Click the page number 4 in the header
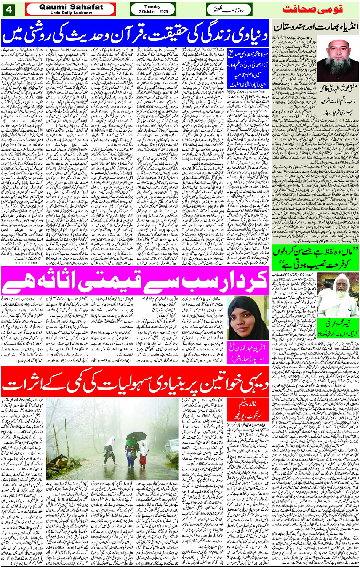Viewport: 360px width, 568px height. pyautogui.click(x=9, y=10)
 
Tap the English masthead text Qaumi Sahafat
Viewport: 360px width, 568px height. pyautogui.click(x=71, y=7)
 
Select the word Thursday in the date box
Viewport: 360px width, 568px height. pyautogui.click(x=152, y=6)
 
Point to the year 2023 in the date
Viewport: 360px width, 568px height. pyautogui.click(x=163, y=12)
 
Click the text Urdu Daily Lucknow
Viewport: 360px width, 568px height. pyautogui.click(x=71, y=13)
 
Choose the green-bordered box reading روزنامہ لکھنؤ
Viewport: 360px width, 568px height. pyautogui.click(x=229, y=10)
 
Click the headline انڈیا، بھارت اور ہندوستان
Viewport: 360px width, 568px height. pyautogui.click(x=316, y=27)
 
